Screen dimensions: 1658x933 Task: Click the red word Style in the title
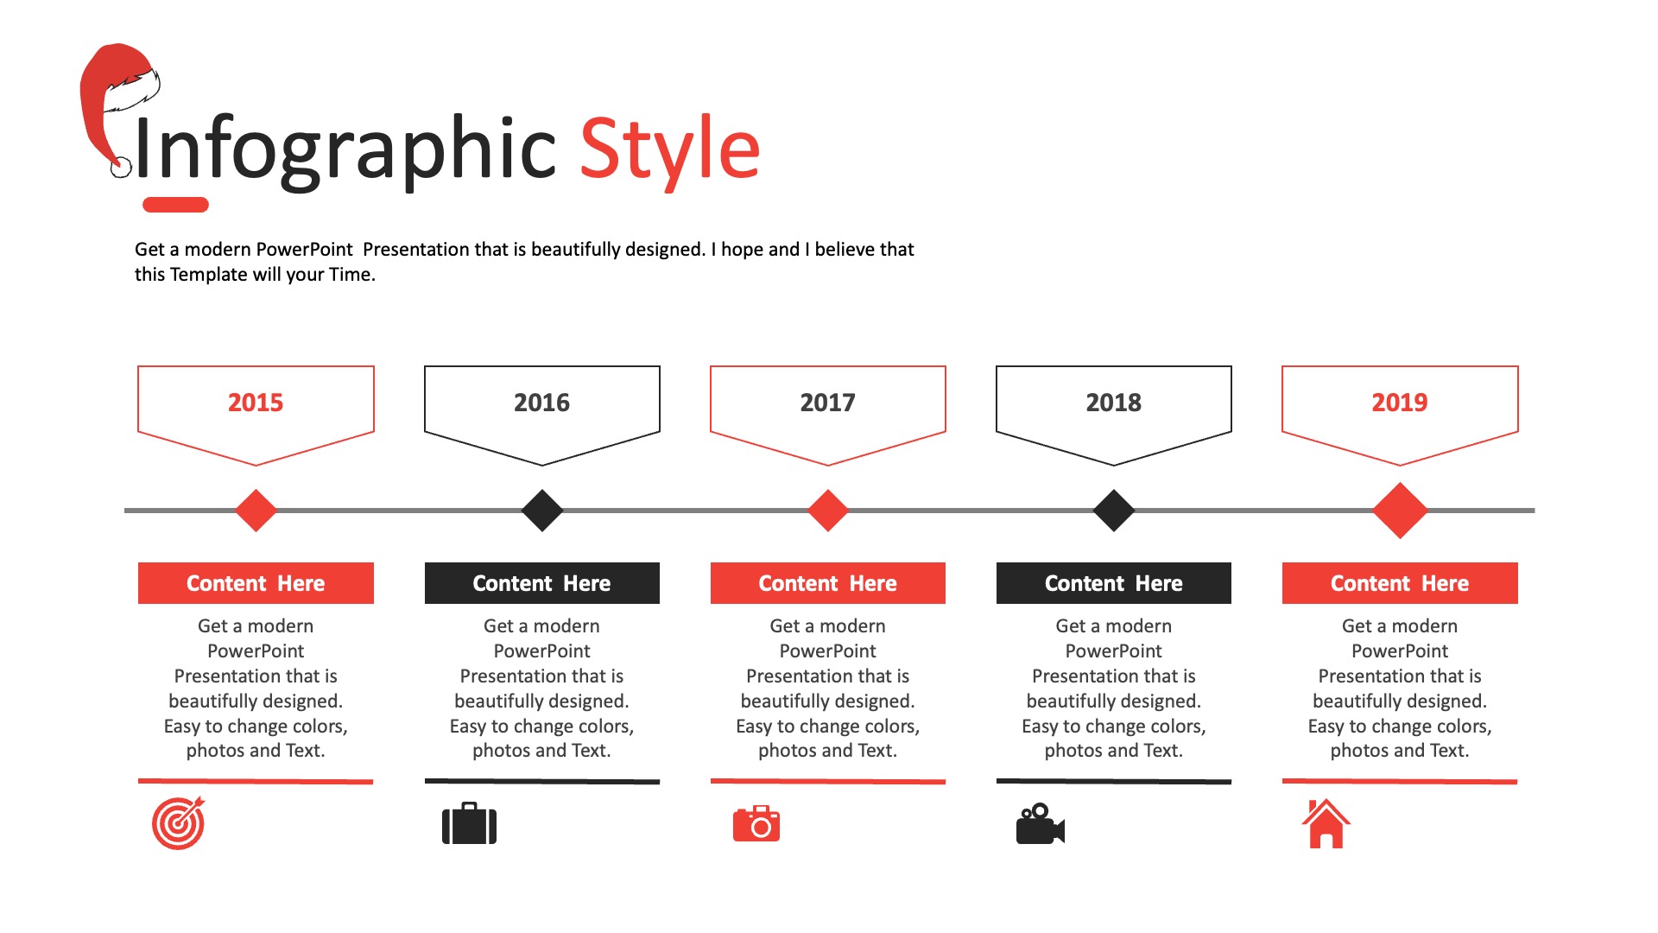point(669,150)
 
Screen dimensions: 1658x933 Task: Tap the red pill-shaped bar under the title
point(175,205)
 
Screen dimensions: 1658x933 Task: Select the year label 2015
point(256,403)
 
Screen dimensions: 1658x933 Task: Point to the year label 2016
point(541,403)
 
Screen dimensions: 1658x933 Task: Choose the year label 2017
point(827,403)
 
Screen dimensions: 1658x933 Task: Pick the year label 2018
point(1113,403)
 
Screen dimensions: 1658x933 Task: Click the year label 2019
point(1400,403)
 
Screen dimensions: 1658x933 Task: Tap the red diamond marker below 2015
point(256,511)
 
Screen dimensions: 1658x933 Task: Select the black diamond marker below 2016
point(542,511)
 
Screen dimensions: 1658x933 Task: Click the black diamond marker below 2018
point(1114,511)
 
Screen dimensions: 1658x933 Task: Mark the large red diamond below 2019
point(1400,511)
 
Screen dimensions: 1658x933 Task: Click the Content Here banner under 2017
point(828,583)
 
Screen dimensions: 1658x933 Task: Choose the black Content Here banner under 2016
point(542,583)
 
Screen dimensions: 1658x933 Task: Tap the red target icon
point(179,823)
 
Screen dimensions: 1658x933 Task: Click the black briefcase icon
point(470,823)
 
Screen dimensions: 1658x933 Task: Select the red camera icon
point(756,824)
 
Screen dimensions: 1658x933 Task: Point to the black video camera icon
point(1041,824)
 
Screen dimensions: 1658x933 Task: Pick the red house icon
point(1326,823)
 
